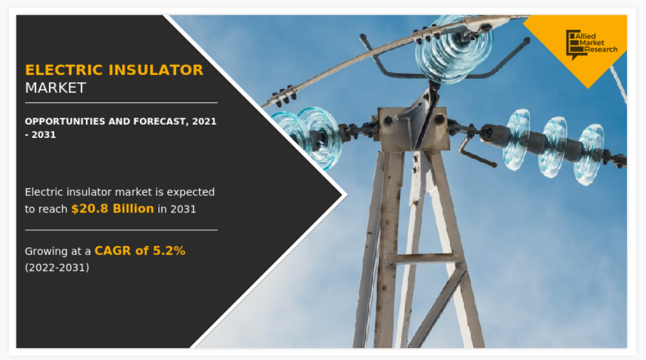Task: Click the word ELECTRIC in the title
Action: [64, 70]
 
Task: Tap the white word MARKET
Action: [55, 88]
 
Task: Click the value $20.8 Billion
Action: [113, 209]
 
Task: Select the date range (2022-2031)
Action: [57, 268]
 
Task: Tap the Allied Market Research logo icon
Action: [575, 44]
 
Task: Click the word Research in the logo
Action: [601, 50]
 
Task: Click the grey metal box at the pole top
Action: [412, 129]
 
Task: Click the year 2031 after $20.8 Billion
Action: [183, 209]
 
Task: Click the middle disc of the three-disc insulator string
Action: [553, 147]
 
